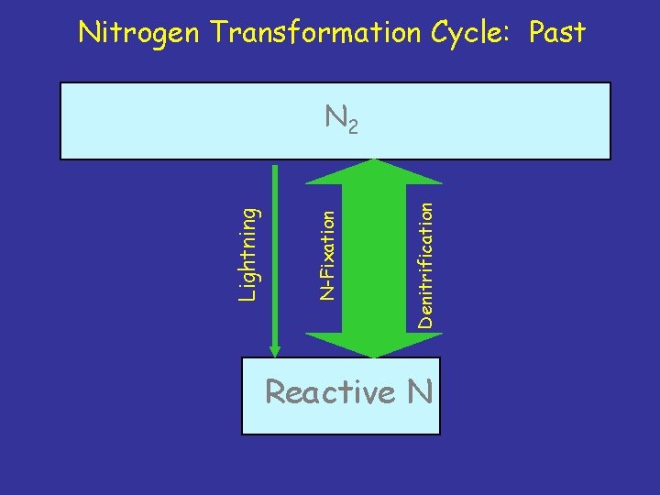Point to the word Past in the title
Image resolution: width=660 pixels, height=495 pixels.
555,33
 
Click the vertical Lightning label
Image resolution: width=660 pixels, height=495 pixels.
248,252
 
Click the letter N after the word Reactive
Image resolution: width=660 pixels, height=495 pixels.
420,392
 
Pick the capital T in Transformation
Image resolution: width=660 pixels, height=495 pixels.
220,33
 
